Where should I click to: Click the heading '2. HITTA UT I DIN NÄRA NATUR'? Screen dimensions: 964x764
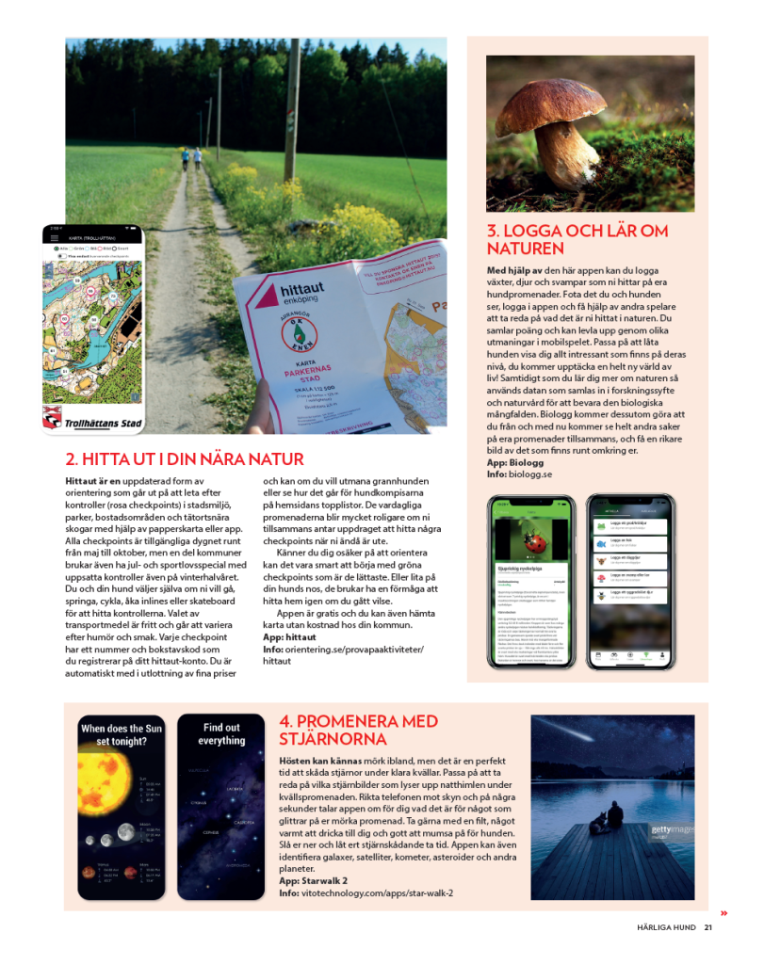tap(184, 459)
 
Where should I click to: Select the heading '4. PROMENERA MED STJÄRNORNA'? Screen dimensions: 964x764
tap(358, 730)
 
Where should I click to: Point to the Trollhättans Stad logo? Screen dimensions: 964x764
tap(92, 418)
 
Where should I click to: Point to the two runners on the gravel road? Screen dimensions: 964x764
tap(190, 157)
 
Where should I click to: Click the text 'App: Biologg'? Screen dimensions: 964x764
tap(514, 462)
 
